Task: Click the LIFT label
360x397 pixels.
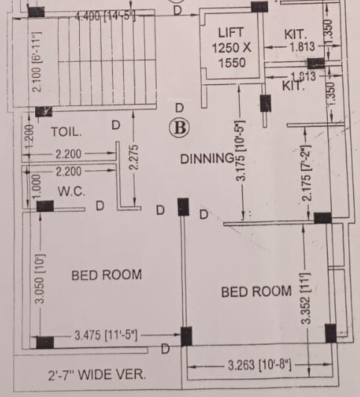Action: tap(231, 33)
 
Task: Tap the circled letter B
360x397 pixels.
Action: tap(179, 128)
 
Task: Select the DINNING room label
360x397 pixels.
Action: tap(206, 158)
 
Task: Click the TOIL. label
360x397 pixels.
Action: tap(65, 131)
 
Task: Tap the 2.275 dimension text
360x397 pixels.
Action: tap(134, 157)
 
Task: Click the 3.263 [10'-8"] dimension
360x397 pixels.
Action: tap(260, 366)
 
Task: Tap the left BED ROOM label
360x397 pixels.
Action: tap(106, 275)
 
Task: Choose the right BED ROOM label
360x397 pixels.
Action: tap(256, 291)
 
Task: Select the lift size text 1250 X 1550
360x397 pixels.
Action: tap(232, 55)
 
